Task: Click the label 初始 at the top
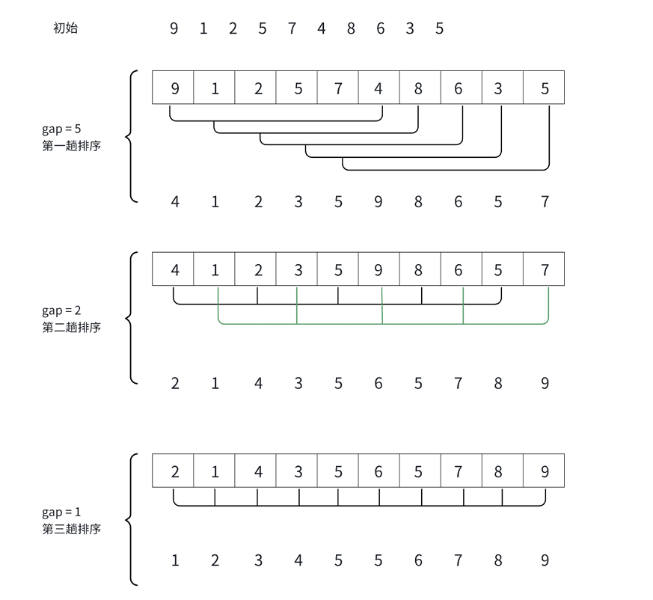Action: (65, 28)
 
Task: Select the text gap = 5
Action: (61, 129)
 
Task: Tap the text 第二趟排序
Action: (71, 327)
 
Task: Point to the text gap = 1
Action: (61, 512)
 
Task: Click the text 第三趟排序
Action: (71, 529)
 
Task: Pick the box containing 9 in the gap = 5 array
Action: (174, 88)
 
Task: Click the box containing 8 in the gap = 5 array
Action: (418, 88)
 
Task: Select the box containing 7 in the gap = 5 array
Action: (338, 88)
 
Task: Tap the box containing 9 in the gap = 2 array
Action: (378, 269)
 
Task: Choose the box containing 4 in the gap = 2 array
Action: (174, 269)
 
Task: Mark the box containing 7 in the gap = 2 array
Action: (545, 269)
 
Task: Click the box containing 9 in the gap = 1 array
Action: (545, 471)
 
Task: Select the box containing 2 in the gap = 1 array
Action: (174, 471)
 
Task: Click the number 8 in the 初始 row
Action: (350, 28)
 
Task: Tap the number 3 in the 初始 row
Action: (410, 28)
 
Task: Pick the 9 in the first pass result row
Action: (378, 201)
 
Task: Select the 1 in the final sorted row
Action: (174, 560)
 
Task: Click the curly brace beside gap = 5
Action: (132, 136)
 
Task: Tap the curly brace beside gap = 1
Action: (132, 519)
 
